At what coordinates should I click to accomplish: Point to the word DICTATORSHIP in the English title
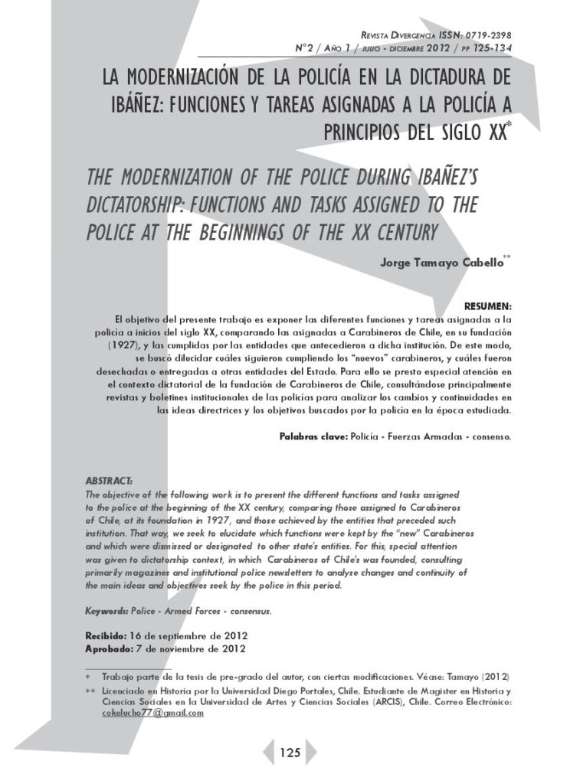pyautogui.click(x=129, y=206)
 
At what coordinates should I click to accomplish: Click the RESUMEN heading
pyautogui.click(x=488, y=305)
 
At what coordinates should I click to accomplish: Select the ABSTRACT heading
pyautogui.click(x=109, y=481)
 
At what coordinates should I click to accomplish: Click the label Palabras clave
pyautogui.click(x=313, y=437)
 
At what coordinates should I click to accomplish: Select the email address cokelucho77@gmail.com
pyautogui.click(x=152, y=713)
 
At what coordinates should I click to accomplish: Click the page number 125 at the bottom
pyautogui.click(x=290, y=753)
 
